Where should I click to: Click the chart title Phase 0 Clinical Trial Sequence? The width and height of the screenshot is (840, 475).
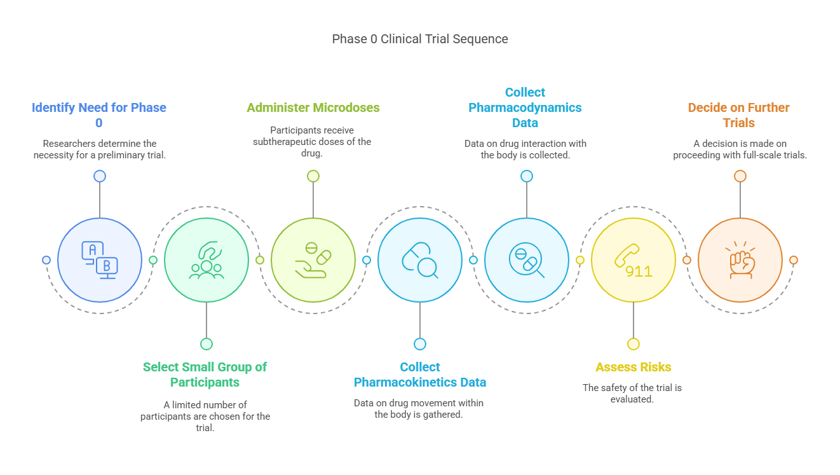tap(419, 39)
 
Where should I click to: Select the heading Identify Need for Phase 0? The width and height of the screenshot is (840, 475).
tap(99, 115)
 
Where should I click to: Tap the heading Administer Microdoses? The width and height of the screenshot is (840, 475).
tap(313, 107)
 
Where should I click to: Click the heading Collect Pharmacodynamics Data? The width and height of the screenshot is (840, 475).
tap(525, 107)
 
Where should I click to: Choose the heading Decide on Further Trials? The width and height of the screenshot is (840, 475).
tap(739, 115)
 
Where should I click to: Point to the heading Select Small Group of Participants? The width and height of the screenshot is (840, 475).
tap(205, 375)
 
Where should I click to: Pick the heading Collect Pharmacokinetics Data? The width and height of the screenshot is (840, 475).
tap(419, 375)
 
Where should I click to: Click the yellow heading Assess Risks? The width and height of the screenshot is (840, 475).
tap(633, 367)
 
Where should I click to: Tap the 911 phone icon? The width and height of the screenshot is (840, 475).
tap(633, 261)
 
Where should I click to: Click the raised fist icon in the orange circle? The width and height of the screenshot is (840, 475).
tap(740, 260)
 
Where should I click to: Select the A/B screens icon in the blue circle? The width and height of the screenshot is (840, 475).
tap(99, 260)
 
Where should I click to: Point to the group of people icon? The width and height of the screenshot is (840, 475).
tap(206, 261)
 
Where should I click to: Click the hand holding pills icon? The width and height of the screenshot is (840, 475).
tap(313, 260)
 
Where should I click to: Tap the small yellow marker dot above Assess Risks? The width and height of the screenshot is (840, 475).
tap(633, 344)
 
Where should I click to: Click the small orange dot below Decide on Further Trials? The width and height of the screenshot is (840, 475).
tap(740, 176)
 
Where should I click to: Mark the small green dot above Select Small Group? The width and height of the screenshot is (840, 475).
tap(207, 344)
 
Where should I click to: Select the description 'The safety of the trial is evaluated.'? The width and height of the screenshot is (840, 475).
tap(632, 393)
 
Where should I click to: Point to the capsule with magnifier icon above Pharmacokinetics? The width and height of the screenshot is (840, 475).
tap(419, 260)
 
